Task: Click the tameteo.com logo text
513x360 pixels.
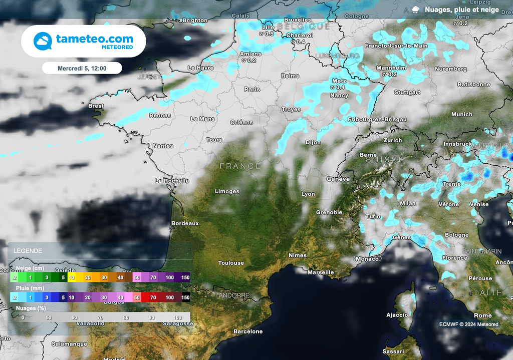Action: pos(94,39)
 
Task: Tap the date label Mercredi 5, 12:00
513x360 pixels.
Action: pos(82,68)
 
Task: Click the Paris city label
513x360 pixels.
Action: pos(252,89)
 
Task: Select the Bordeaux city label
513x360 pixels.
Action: pos(185,223)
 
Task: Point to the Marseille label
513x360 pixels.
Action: pos(321,272)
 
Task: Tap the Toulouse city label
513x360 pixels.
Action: pos(231,263)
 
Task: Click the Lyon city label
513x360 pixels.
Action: pos(308,194)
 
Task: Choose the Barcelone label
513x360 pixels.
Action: pos(248,331)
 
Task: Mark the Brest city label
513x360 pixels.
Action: pos(96,106)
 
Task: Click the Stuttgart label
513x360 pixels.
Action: pos(407,93)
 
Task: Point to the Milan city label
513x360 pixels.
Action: pos(408,203)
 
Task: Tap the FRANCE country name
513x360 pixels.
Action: pos(240,166)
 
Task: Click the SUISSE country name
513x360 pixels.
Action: pos(384,160)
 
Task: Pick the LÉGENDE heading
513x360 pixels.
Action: pos(28,251)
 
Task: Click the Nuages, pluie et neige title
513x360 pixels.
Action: pos(461,10)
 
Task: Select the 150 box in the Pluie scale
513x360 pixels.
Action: pos(185,297)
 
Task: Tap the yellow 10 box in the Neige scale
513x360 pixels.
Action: pos(72,277)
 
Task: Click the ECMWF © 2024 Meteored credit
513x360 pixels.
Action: pos(469,324)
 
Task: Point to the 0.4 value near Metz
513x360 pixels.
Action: pos(340,87)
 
